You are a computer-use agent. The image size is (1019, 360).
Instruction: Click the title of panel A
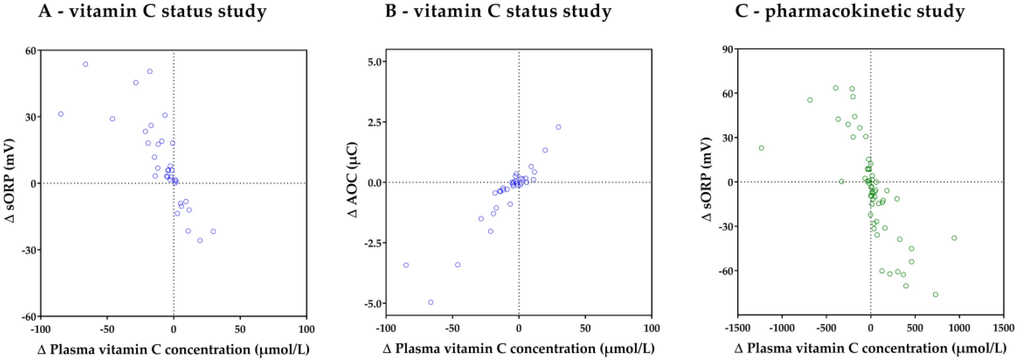pyautogui.click(x=152, y=11)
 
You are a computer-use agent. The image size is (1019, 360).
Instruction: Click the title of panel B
pyautogui.click(x=498, y=11)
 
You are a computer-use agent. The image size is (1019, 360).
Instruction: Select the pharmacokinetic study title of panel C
pyautogui.click(x=850, y=11)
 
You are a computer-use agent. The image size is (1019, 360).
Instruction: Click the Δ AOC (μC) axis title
pyautogui.click(x=352, y=180)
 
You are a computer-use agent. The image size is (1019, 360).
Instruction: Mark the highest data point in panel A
pyautogui.click(x=85, y=64)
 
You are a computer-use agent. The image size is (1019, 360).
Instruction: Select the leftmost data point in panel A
pyautogui.click(x=61, y=114)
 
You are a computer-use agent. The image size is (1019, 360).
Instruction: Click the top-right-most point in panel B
pyautogui.click(x=558, y=127)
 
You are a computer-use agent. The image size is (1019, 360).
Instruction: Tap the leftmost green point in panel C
pyautogui.click(x=761, y=148)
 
